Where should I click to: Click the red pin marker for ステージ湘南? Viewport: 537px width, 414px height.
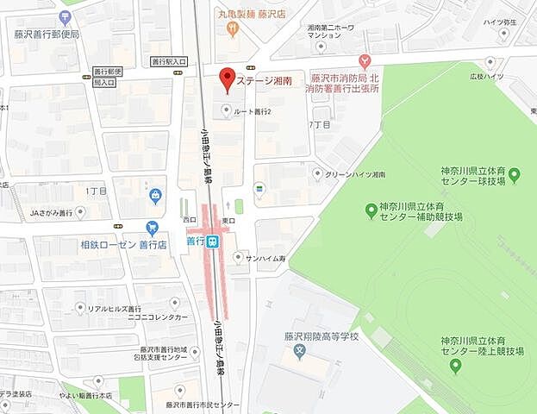tap(227, 78)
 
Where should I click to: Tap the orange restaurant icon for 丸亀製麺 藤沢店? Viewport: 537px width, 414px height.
tap(232, 29)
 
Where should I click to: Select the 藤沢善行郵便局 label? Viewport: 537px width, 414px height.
tap(47, 34)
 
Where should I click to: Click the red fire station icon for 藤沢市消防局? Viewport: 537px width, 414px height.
tap(365, 60)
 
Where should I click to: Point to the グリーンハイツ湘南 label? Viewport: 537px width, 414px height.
tap(355, 174)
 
